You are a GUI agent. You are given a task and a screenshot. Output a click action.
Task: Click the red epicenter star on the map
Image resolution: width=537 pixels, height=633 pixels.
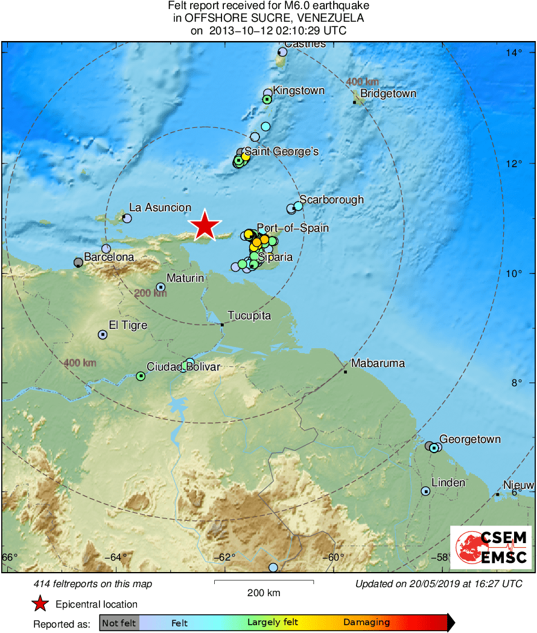[x=205, y=226]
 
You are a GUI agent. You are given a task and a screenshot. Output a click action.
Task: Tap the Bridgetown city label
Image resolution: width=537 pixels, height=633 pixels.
[x=388, y=94]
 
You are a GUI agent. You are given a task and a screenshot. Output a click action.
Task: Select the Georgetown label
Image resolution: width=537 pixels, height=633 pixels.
[x=469, y=439]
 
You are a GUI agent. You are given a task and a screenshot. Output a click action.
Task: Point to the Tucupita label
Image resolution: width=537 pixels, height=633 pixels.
[x=249, y=316]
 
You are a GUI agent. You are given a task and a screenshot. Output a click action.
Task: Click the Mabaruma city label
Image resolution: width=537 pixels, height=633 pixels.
[x=378, y=363]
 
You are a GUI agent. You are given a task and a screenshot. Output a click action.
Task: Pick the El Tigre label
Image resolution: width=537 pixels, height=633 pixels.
[x=128, y=325]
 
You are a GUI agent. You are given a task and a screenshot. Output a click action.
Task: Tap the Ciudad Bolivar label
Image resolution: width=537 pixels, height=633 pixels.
[x=183, y=366]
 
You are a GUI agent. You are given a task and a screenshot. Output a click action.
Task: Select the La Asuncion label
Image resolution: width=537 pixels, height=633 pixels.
[x=160, y=208]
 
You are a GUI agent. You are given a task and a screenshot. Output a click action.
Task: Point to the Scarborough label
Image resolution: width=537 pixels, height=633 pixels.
[x=331, y=199]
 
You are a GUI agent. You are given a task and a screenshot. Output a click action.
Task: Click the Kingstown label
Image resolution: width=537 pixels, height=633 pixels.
[x=299, y=91]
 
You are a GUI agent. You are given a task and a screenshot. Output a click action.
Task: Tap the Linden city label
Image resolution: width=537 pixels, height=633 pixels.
[x=448, y=482]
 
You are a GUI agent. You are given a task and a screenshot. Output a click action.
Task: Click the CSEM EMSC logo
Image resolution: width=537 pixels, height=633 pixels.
[x=491, y=547]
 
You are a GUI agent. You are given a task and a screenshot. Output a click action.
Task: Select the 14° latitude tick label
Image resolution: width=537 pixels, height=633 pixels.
[x=514, y=53]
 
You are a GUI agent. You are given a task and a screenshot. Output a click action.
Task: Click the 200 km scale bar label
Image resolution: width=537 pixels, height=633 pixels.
[x=264, y=593]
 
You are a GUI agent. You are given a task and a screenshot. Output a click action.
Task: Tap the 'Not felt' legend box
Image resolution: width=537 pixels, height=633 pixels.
[x=119, y=622]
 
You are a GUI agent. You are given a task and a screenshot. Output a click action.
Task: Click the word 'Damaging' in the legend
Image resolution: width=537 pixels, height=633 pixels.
[x=366, y=622]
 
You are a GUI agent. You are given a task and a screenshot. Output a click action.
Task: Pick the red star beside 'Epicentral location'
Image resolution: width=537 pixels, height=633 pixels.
[x=40, y=604]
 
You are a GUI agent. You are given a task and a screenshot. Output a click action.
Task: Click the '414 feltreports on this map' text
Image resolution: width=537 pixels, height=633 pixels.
[x=92, y=584]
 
